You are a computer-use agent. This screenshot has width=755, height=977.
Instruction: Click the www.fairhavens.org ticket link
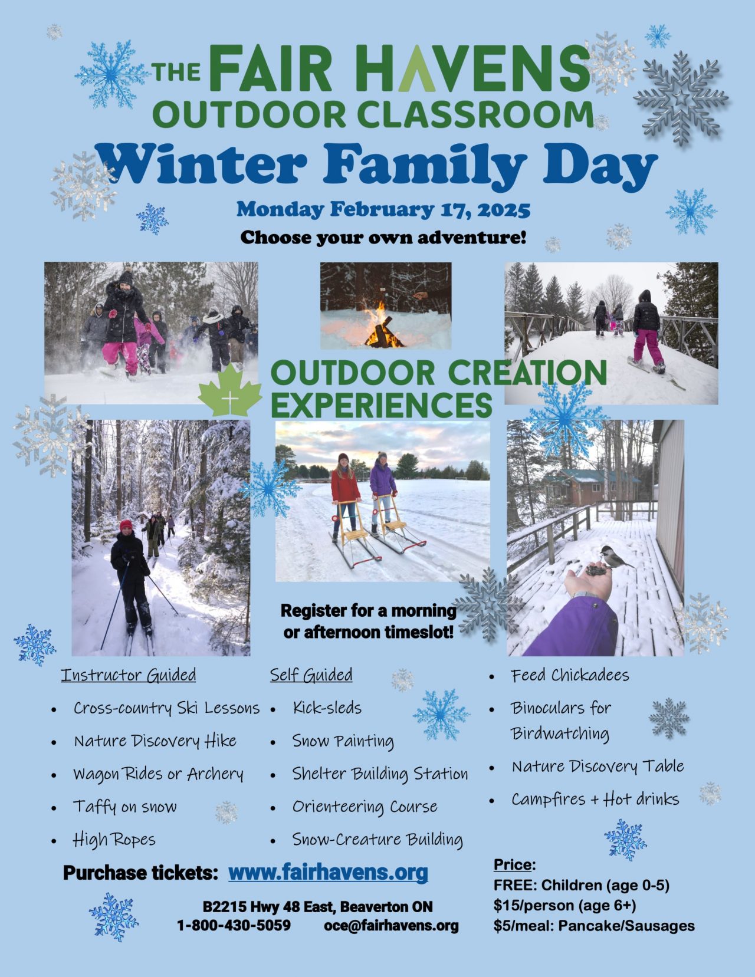(x=328, y=873)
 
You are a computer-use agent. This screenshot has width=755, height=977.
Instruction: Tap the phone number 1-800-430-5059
(x=234, y=925)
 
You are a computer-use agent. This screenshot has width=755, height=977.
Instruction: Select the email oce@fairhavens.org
(x=391, y=925)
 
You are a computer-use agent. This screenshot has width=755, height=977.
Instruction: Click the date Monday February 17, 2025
(x=383, y=210)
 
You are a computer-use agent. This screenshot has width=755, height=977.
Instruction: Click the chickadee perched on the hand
(x=615, y=558)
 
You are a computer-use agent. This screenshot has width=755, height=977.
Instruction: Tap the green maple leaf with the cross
(x=230, y=390)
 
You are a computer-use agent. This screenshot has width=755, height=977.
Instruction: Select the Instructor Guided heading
(x=129, y=675)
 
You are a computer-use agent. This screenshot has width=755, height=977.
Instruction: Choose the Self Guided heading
(x=311, y=675)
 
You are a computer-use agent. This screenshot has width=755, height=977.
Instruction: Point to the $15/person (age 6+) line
(x=565, y=905)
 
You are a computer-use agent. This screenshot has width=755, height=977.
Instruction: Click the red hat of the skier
(x=126, y=525)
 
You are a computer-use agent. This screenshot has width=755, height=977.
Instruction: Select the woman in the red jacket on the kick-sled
(x=345, y=495)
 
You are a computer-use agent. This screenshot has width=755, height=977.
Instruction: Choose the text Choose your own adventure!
(x=383, y=238)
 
